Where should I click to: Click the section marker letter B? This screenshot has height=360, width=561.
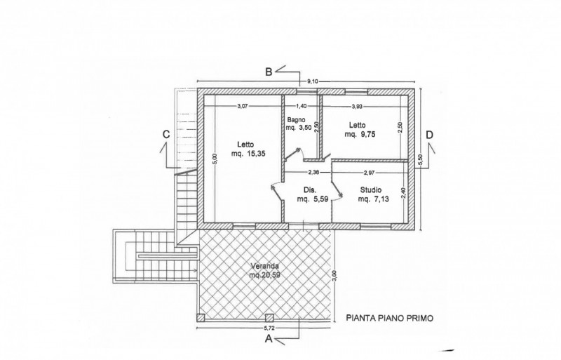tap(269, 72)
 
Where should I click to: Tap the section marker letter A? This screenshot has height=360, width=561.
tap(269, 338)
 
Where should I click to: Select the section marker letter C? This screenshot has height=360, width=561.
tap(166, 134)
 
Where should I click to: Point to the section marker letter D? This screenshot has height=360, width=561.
tap(430, 135)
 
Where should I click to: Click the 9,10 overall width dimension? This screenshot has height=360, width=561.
tap(313, 81)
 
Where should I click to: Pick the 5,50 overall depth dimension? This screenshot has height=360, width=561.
tap(420, 159)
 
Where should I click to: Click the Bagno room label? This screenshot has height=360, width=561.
tap(296, 120)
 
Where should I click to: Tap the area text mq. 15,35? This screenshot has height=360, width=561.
tap(249, 154)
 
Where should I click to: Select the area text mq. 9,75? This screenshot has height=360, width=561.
tap(360, 134)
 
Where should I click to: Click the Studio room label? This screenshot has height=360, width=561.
tap(371, 190)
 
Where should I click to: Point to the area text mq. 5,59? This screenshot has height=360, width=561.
tap(313, 199)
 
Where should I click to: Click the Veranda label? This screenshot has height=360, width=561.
tap(264, 266)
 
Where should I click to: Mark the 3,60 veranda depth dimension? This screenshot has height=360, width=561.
tap(334, 276)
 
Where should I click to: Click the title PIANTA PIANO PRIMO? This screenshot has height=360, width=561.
tap(390, 318)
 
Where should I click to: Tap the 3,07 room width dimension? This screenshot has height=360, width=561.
tap(243, 106)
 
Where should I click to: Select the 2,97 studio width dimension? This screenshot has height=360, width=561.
tap(369, 173)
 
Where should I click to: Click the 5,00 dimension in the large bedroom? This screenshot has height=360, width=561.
tap(215, 159)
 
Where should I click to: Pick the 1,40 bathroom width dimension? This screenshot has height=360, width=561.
tap(302, 106)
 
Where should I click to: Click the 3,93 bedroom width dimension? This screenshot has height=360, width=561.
tap(357, 106)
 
